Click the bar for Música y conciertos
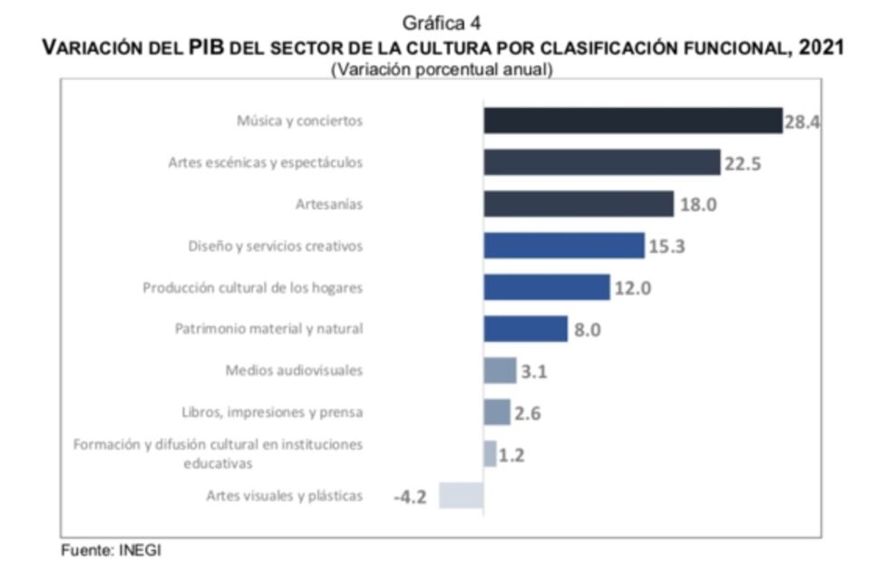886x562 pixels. click(x=632, y=121)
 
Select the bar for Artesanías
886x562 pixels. click(x=578, y=204)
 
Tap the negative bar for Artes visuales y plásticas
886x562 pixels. click(x=461, y=495)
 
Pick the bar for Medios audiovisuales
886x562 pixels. click(x=500, y=370)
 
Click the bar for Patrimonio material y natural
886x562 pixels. click(x=525, y=329)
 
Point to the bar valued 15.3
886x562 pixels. click(x=563, y=246)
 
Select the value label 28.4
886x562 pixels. click(x=802, y=121)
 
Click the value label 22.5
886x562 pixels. click(x=743, y=163)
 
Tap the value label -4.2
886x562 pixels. click(x=410, y=497)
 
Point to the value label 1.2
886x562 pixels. click(x=511, y=455)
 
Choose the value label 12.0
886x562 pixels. click(x=633, y=288)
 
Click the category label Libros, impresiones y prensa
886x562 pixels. click(x=272, y=412)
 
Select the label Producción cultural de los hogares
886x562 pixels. click(x=252, y=287)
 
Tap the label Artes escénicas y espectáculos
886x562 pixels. click(x=265, y=163)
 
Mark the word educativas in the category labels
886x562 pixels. click(x=218, y=462)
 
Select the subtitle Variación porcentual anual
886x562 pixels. click(x=442, y=69)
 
